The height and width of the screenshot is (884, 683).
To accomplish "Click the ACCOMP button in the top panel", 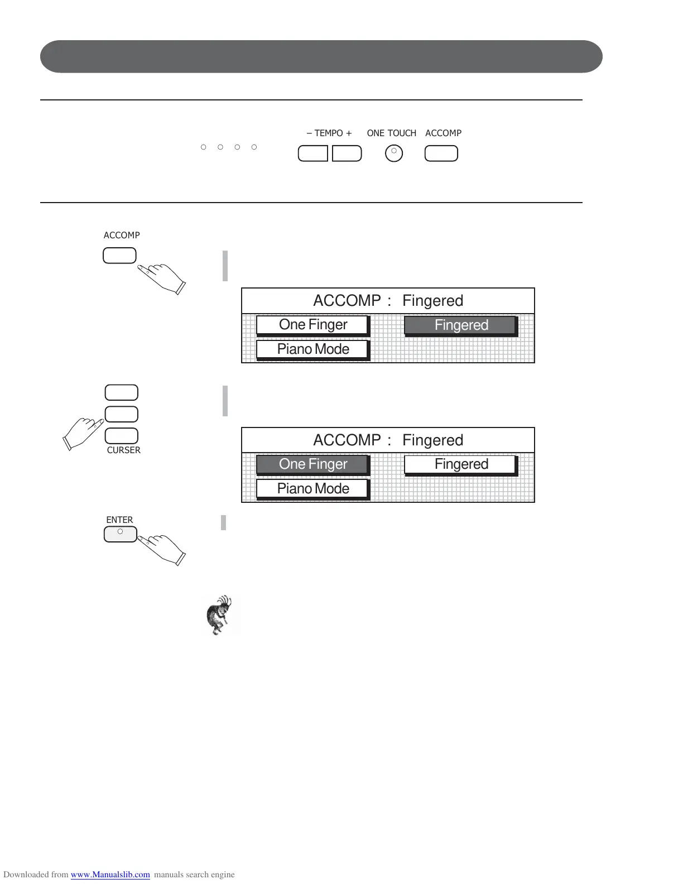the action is pyautogui.click(x=441, y=153).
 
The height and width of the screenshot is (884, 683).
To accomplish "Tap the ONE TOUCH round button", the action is pyautogui.click(x=394, y=153).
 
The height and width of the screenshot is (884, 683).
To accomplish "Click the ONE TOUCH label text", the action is pyautogui.click(x=391, y=133).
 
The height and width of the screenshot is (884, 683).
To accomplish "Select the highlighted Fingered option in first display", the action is pyautogui.click(x=460, y=325).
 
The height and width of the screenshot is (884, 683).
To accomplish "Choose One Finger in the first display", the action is pyautogui.click(x=312, y=325).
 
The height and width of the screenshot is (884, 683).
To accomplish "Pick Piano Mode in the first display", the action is pyautogui.click(x=312, y=349).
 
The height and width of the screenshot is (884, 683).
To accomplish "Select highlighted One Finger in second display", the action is pyautogui.click(x=312, y=464).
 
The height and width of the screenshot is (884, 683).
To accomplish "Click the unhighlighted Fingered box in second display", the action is pyautogui.click(x=460, y=464).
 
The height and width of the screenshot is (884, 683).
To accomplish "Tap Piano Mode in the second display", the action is pyautogui.click(x=312, y=489).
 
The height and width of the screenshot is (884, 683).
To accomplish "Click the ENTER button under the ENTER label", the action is pyautogui.click(x=121, y=534).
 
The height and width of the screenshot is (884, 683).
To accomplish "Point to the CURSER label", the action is pyautogui.click(x=123, y=450).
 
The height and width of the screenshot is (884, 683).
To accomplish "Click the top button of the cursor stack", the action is pyautogui.click(x=122, y=392).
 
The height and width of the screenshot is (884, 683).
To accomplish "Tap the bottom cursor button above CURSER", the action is pyautogui.click(x=122, y=435).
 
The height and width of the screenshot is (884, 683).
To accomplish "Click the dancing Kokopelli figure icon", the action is pyautogui.click(x=220, y=615).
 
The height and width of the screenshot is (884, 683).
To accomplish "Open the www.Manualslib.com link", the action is pyautogui.click(x=110, y=875).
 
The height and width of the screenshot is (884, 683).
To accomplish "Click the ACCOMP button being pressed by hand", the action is pyautogui.click(x=119, y=256).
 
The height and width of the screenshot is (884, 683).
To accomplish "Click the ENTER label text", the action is pyautogui.click(x=119, y=520).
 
